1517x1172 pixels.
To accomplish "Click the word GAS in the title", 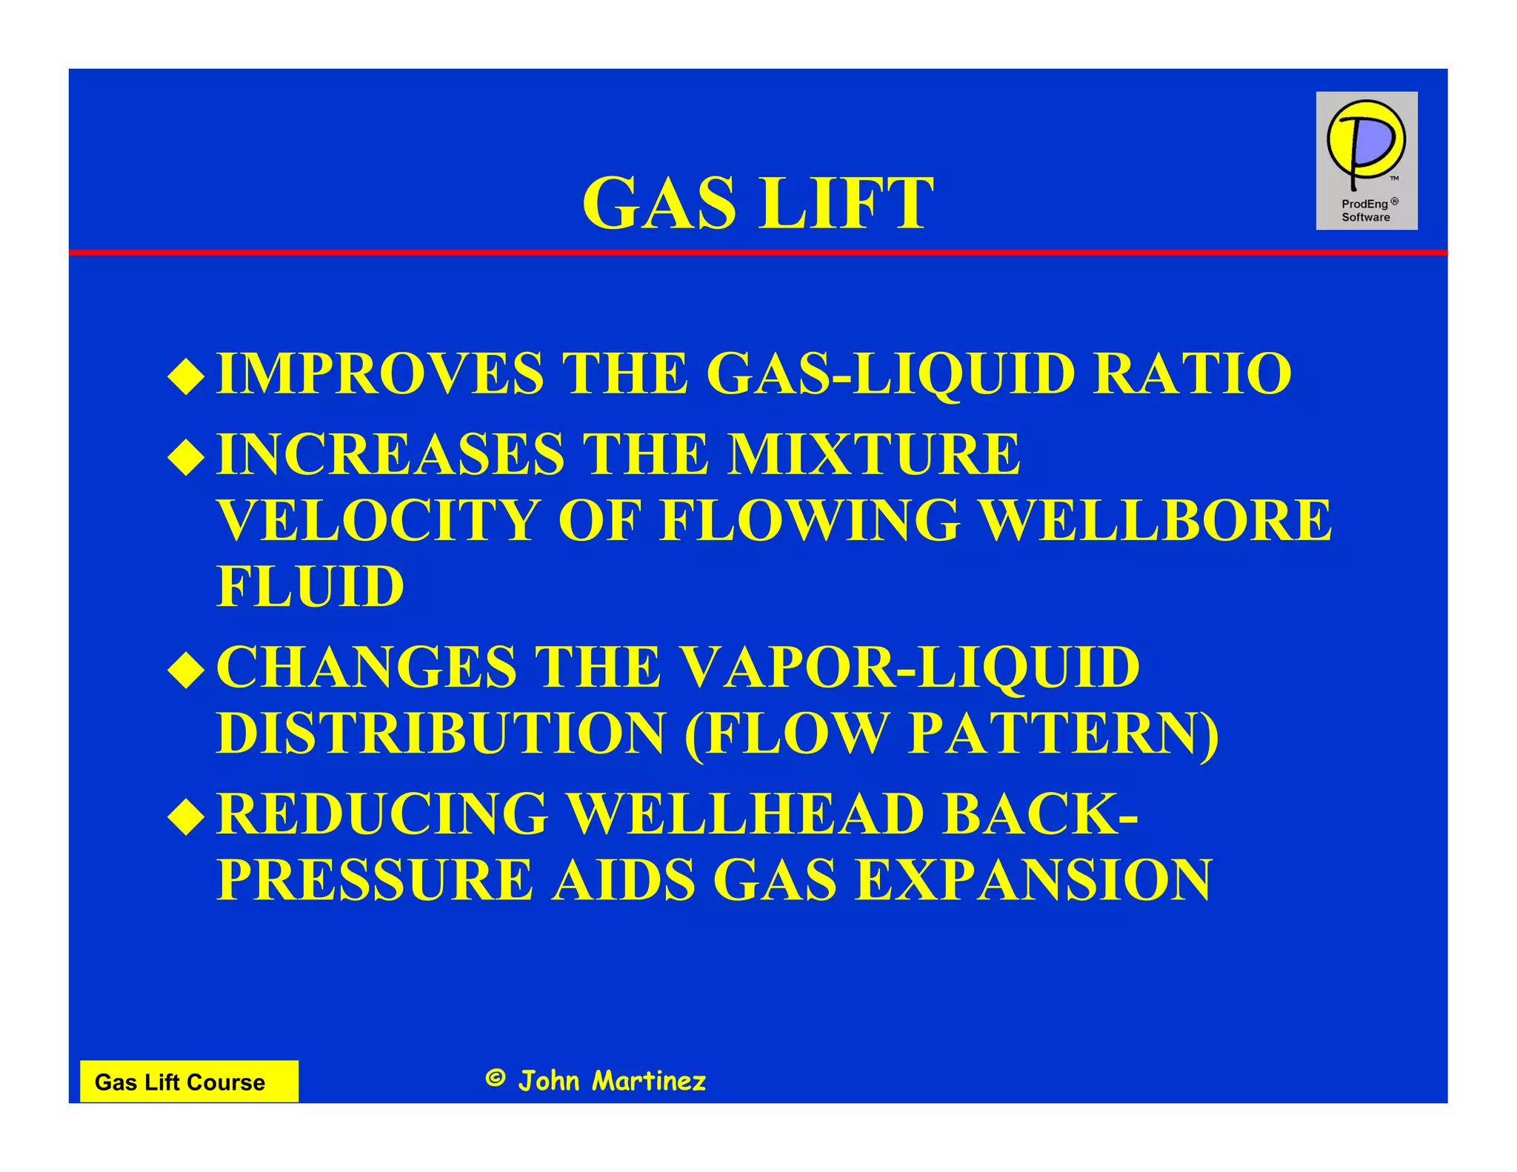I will coord(660,204).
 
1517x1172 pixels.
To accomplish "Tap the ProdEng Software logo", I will coord(1366,161).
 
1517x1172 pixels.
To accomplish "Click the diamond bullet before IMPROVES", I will coord(186,376).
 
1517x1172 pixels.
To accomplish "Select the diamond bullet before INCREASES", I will coord(186,457).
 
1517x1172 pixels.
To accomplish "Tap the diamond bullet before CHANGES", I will coord(186,670).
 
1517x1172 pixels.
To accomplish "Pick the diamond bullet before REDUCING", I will coord(186,817).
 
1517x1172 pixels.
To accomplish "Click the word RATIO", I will coord(1192,373).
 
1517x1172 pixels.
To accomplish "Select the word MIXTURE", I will coord(873,454).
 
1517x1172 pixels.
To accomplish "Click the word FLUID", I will coord(310,586).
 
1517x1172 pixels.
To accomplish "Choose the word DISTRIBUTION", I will coord(441,733).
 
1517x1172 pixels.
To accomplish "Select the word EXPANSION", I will coord(1033,880).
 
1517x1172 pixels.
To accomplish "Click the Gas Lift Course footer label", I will coord(180,1082).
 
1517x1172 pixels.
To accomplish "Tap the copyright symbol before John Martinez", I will coord(495,1079).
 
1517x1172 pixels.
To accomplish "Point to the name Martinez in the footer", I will coord(649,1081).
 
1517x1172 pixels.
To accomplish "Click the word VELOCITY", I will coord(377,520).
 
